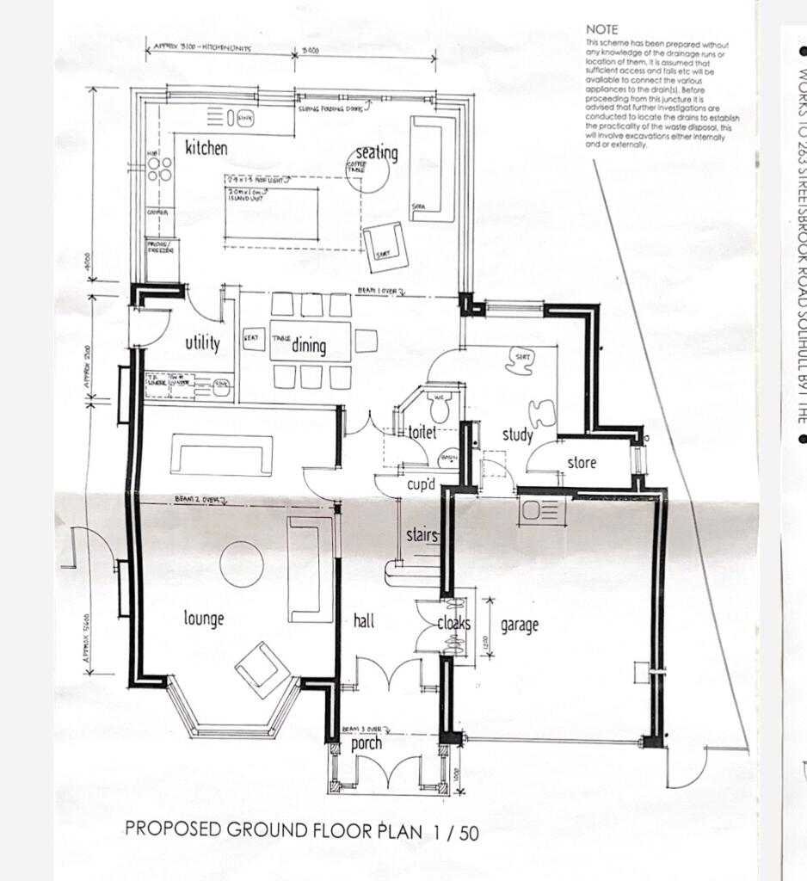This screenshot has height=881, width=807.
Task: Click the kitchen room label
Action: pyautogui.click(x=206, y=148)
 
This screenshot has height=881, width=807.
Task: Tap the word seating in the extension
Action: pyautogui.click(x=377, y=153)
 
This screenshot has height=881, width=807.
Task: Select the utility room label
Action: pyautogui.click(x=203, y=342)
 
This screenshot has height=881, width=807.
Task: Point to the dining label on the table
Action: pyautogui.click(x=309, y=346)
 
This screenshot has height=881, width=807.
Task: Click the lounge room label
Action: pyautogui.click(x=204, y=618)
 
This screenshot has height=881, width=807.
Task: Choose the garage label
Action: pyautogui.click(x=520, y=625)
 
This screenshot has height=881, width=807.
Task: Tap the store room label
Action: pyautogui.click(x=582, y=463)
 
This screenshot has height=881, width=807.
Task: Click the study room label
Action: pyautogui.click(x=518, y=435)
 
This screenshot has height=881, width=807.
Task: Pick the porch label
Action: pyautogui.click(x=367, y=743)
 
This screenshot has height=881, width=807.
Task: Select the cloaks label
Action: pyautogui.click(x=453, y=624)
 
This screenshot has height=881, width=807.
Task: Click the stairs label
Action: pyautogui.click(x=422, y=536)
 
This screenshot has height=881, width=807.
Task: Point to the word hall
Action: pyautogui.click(x=364, y=620)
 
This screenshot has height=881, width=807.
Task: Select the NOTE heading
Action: pyautogui.click(x=601, y=29)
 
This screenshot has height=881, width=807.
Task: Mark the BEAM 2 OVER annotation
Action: pyautogui.click(x=199, y=499)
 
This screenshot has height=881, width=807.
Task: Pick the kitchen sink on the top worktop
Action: pyautogui.click(x=245, y=116)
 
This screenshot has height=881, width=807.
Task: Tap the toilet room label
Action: pyautogui.click(x=422, y=433)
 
